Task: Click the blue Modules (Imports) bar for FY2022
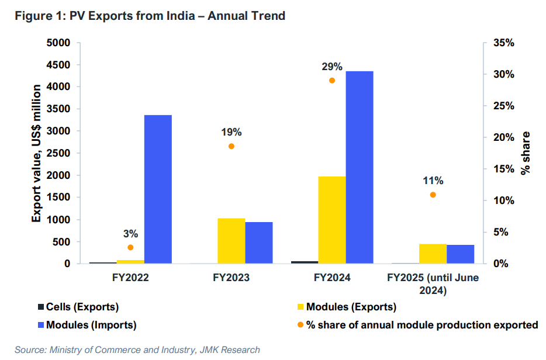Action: pyautogui.click(x=158, y=189)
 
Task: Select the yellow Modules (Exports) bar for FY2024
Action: pyautogui.click(x=332, y=220)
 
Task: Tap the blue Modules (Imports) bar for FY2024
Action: pyautogui.click(x=360, y=167)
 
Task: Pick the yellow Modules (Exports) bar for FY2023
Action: pyautogui.click(x=231, y=241)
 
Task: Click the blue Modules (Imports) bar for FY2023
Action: pyautogui.click(x=258, y=243)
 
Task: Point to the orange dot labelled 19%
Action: pyautogui.click(x=231, y=146)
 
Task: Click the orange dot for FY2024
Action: pyautogui.click(x=332, y=81)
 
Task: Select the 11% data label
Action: pyautogui.click(x=433, y=181)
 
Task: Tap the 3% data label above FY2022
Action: pyautogui.click(x=130, y=234)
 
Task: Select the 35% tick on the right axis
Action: pyautogui.click(x=504, y=43)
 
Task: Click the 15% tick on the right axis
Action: pyautogui.click(x=504, y=169)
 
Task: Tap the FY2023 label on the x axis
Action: pyautogui.click(x=231, y=278)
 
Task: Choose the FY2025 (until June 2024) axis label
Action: pyautogui.click(x=433, y=283)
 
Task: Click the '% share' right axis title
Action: pyautogui.click(x=526, y=153)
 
